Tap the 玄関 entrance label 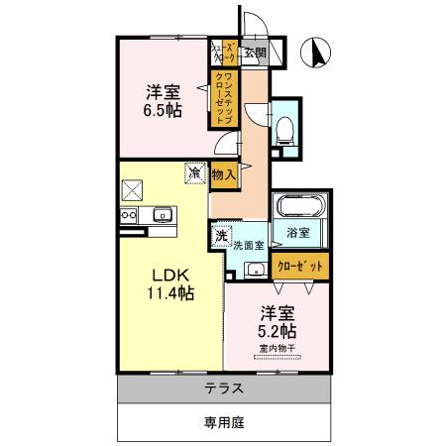255,53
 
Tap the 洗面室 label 249,245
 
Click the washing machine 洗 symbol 218,238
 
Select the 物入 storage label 224,174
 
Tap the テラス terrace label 224,388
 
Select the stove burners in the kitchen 128,215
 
